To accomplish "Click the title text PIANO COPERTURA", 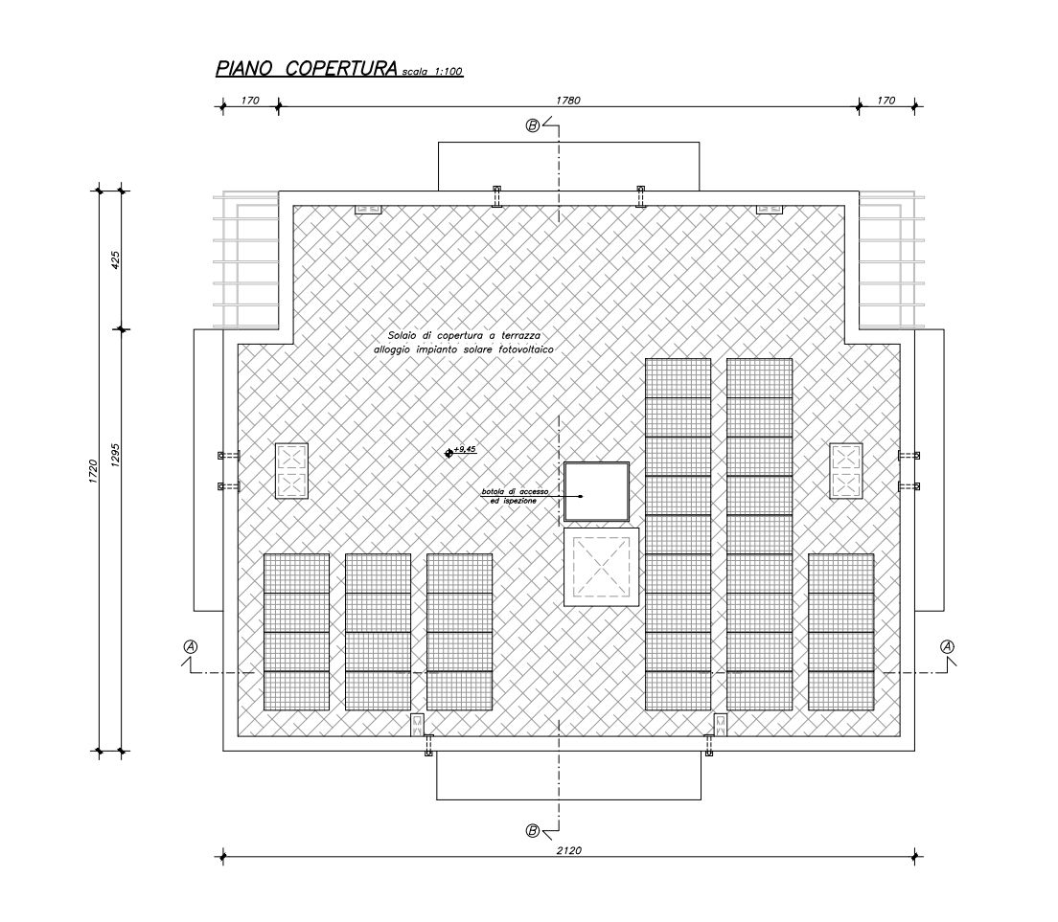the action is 307,69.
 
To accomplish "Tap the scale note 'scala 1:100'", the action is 432,72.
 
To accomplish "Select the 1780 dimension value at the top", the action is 568,101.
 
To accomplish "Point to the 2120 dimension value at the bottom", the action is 569,850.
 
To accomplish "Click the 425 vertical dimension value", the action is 115,260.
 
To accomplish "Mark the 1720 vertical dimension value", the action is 93,470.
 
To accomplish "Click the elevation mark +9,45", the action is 461,450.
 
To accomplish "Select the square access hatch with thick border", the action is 596,492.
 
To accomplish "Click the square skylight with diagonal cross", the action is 601,567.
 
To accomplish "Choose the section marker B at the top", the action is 533,125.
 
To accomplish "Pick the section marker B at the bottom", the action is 533,831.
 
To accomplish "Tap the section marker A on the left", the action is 191,646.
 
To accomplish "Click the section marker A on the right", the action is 948,646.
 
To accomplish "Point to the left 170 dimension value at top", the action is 250,101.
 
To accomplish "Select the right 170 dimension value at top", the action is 885,101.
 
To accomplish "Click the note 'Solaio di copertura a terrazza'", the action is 464,335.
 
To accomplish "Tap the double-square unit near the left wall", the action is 291,470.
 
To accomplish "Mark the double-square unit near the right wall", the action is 846,470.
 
